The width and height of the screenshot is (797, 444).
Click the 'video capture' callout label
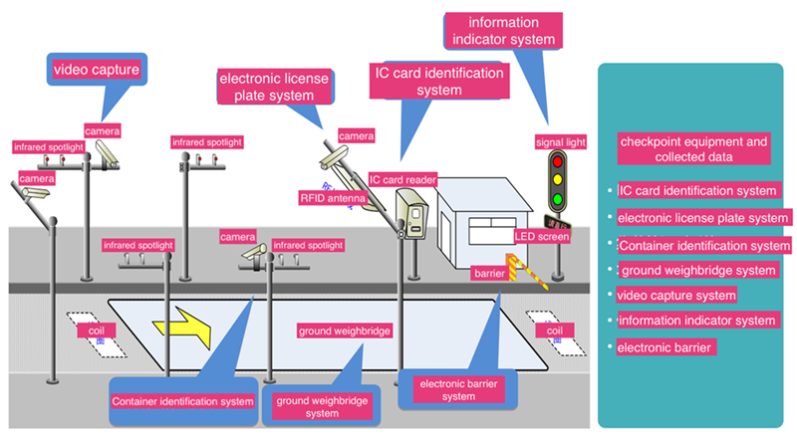click(x=97, y=70)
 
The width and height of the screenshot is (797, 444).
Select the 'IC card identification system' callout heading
click(x=438, y=81)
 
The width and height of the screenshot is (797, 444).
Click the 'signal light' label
click(x=561, y=142)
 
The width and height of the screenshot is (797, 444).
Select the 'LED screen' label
click(x=542, y=236)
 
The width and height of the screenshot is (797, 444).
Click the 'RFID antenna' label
click(x=332, y=198)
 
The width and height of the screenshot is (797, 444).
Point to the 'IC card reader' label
click(x=402, y=179)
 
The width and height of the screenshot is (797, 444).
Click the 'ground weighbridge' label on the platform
click(x=345, y=330)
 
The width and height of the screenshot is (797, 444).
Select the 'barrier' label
click(x=487, y=271)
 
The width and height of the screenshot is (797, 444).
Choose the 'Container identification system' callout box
click(x=182, y=401)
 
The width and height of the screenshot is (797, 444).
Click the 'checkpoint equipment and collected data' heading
click(x=693, y=148)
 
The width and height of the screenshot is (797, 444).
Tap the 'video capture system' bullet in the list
click(x=676, y=295)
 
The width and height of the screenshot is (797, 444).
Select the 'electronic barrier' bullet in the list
click(x=664, y=347)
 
